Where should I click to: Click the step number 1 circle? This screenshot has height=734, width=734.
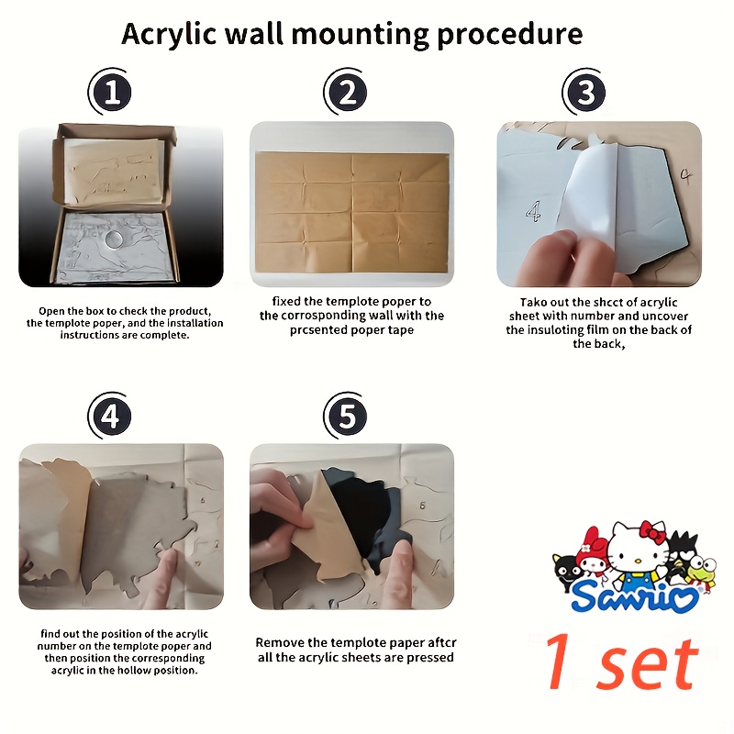pyautogui.click(x=112, y=92)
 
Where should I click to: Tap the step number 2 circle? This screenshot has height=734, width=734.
pyautogui.click(x=348, y=92)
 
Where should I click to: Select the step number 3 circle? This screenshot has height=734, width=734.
pyautogui.click(x=585, y=92)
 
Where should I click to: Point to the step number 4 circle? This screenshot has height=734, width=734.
pyautogui.click(x=112, y=416)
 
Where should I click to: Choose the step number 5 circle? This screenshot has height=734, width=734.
pyautogui.click(x=348, y=416)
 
